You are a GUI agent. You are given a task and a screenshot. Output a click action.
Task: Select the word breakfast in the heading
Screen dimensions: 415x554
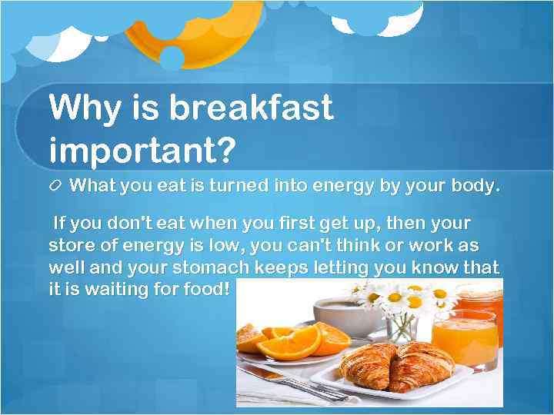(251, 108)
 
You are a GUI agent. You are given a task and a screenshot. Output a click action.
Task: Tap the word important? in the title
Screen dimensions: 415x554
(141, 150)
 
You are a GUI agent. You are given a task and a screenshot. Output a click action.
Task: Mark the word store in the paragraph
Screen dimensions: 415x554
(72, 247)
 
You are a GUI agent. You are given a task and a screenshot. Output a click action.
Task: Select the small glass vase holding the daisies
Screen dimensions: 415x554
(402, 327)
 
